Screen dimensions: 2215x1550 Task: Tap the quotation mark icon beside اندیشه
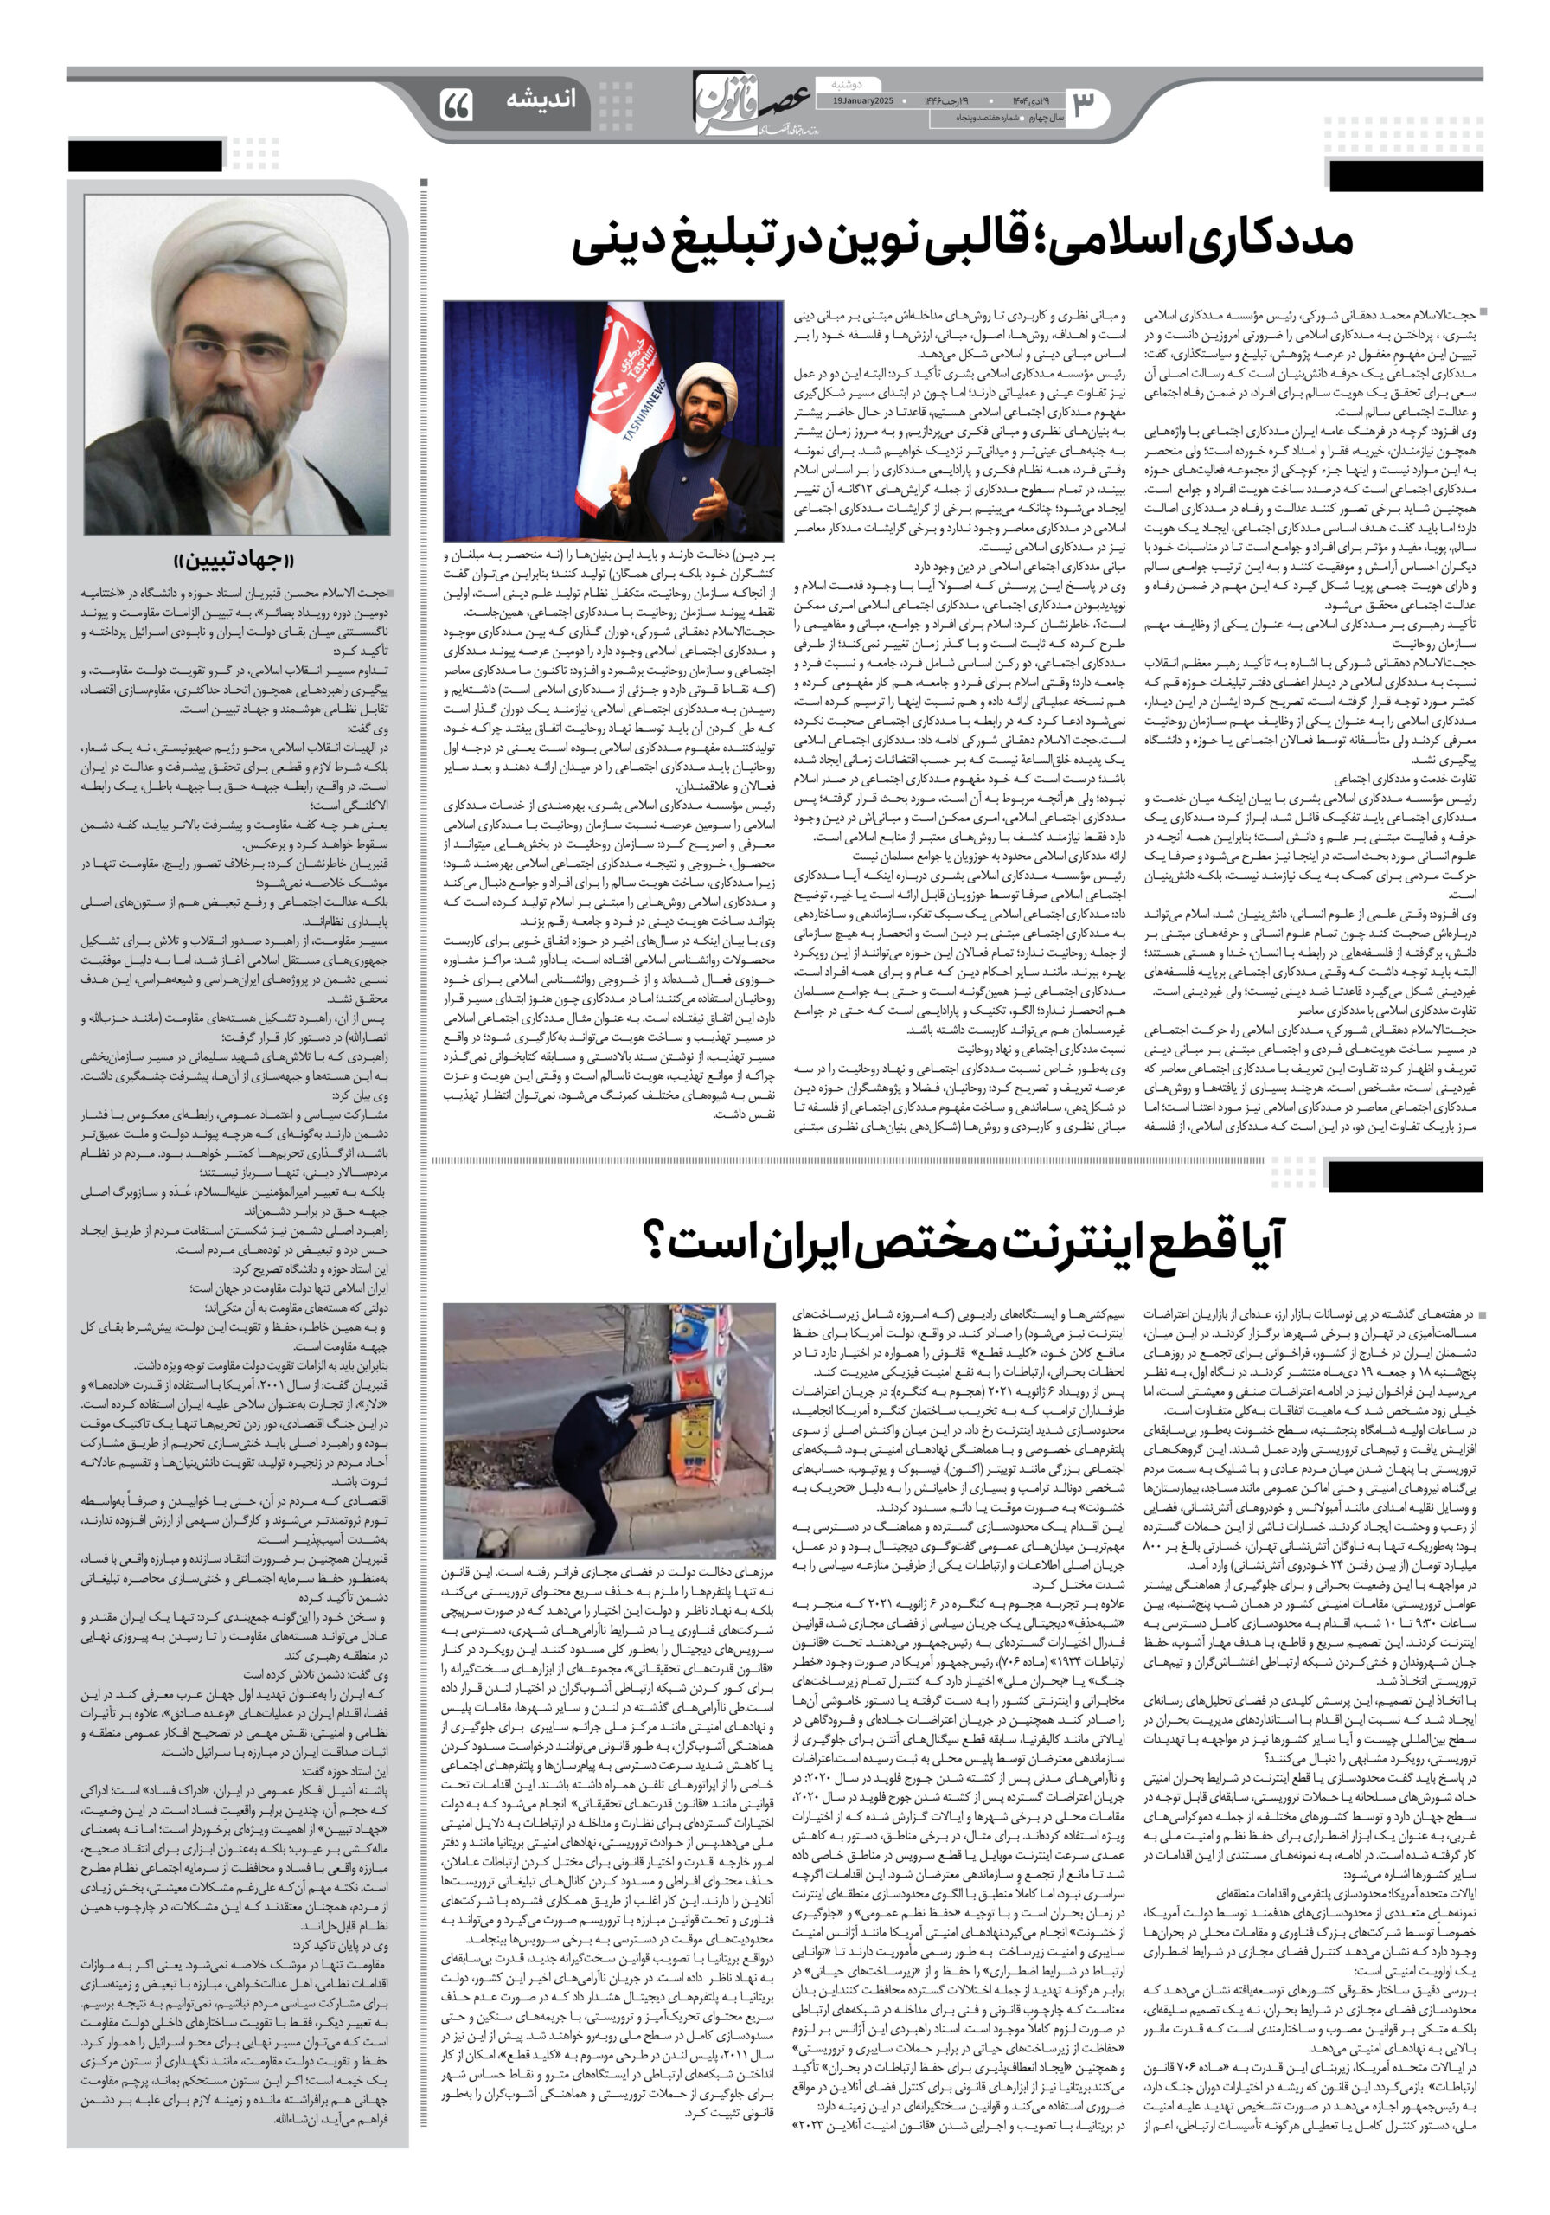pyautogui.click(x=456, y=104)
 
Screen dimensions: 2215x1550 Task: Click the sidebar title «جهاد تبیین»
pyautogui.click(x=236, y=561)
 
